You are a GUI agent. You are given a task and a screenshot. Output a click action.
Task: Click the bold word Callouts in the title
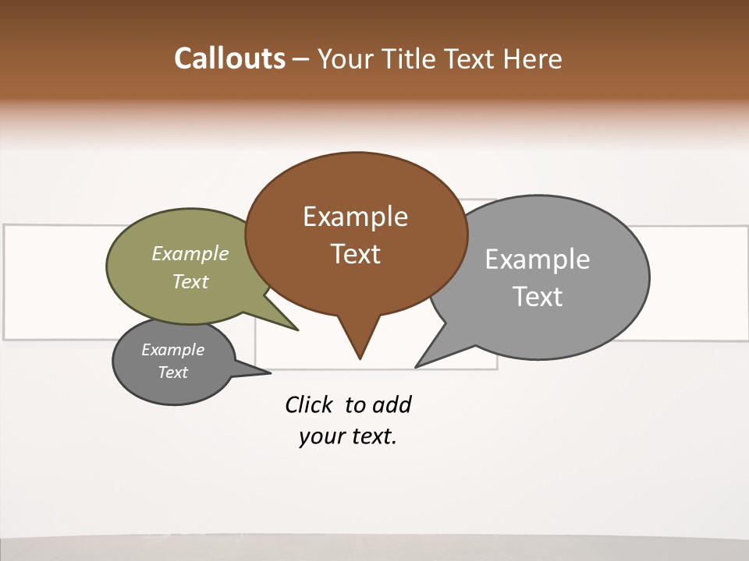229,58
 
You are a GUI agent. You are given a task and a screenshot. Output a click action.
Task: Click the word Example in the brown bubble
355,217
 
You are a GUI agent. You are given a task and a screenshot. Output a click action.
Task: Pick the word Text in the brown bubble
355,254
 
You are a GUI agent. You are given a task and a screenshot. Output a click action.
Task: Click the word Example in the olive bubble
190,253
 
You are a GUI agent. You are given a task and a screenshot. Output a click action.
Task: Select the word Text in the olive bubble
190,281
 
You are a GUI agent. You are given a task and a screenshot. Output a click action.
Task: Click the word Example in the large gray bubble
538,259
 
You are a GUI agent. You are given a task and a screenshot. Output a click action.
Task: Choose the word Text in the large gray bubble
538,297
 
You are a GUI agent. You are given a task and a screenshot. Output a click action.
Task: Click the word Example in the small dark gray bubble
173,350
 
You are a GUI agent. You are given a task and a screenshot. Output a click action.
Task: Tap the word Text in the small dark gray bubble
173,372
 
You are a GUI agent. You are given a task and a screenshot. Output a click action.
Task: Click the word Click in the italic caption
309,404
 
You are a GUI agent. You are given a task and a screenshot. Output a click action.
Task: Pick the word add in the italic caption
392,404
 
